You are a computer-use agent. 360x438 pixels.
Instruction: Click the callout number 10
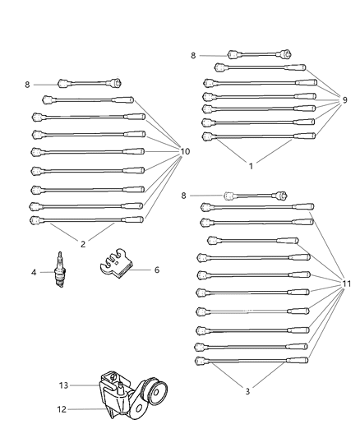click(184, 151)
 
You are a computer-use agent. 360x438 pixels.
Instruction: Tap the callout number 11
click(347, 284)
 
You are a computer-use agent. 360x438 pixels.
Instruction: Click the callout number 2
click(83, 243)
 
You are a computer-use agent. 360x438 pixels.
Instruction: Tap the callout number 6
click(156, 270)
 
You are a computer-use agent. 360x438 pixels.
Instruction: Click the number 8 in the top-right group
click(193, 56)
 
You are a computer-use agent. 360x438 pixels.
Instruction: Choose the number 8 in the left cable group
click(26, 84)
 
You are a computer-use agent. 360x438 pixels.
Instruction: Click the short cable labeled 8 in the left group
click(90, 82)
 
